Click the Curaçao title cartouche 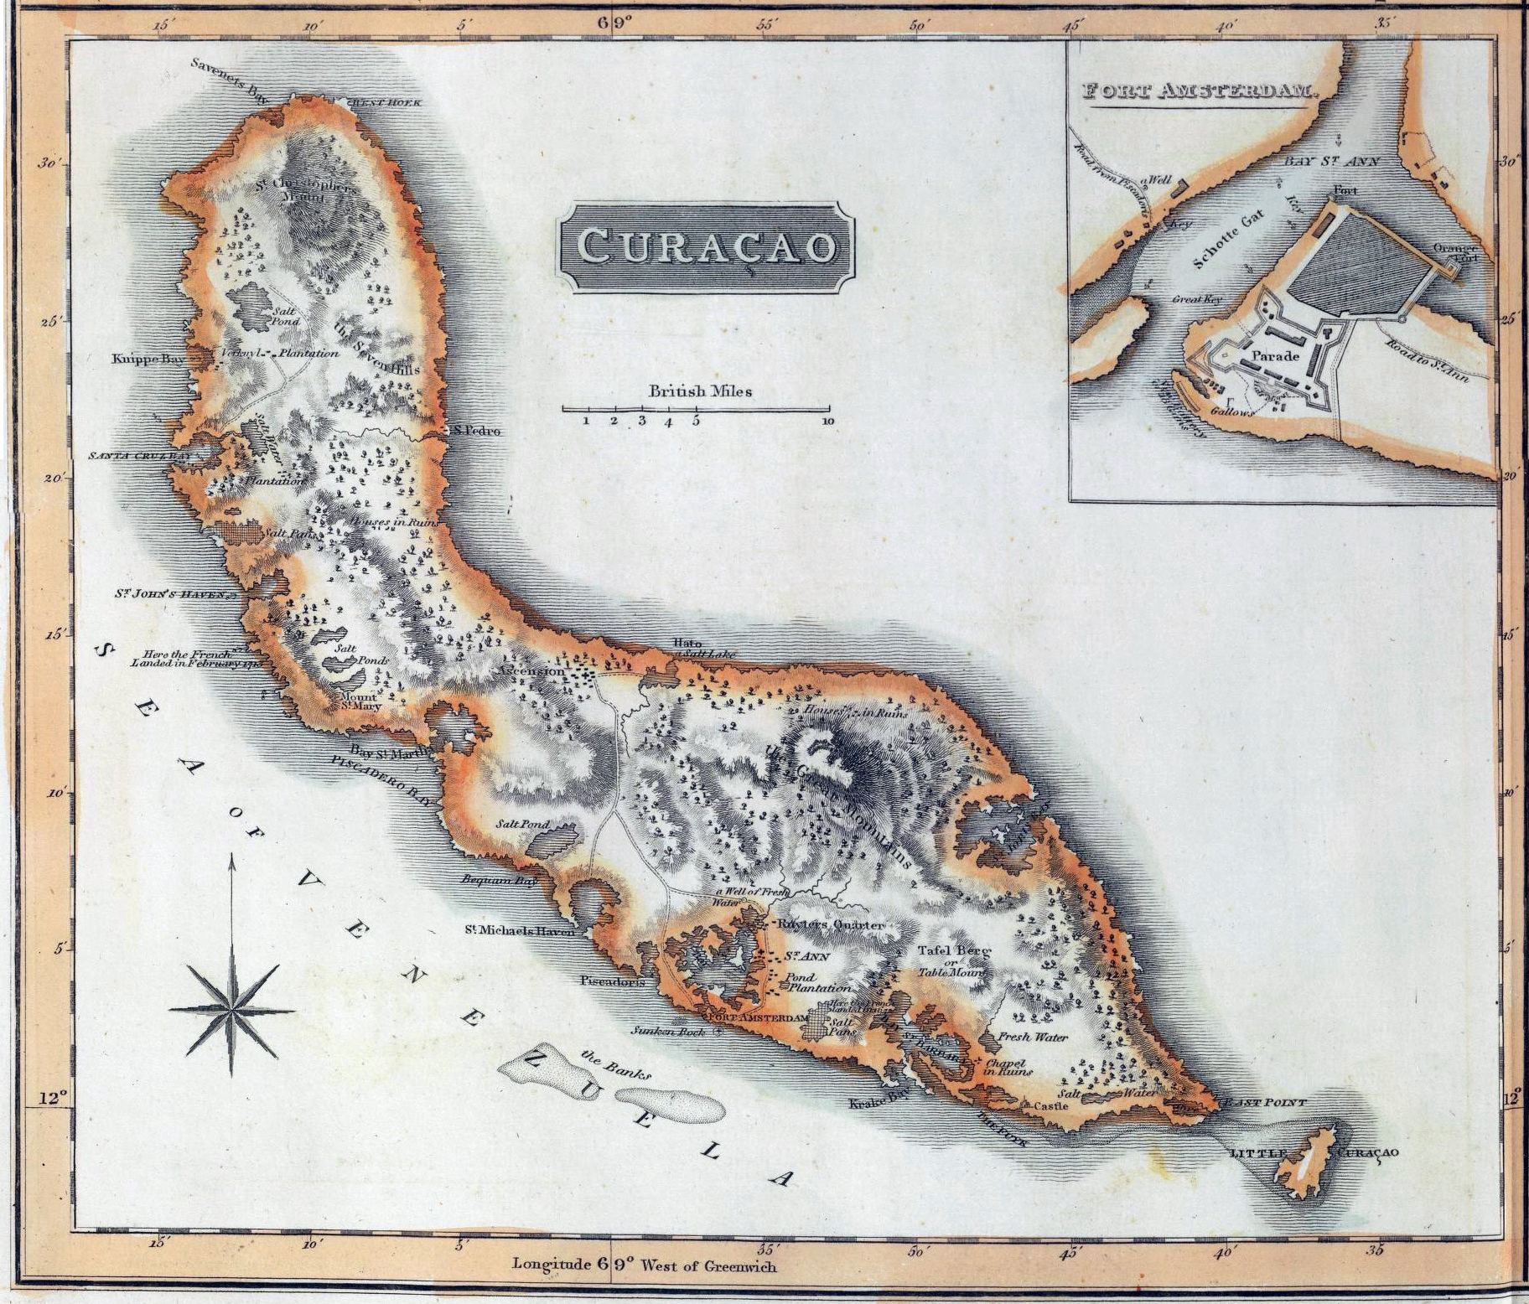707,247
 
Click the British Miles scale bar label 701,391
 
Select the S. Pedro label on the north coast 476,432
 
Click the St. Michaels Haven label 520,930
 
